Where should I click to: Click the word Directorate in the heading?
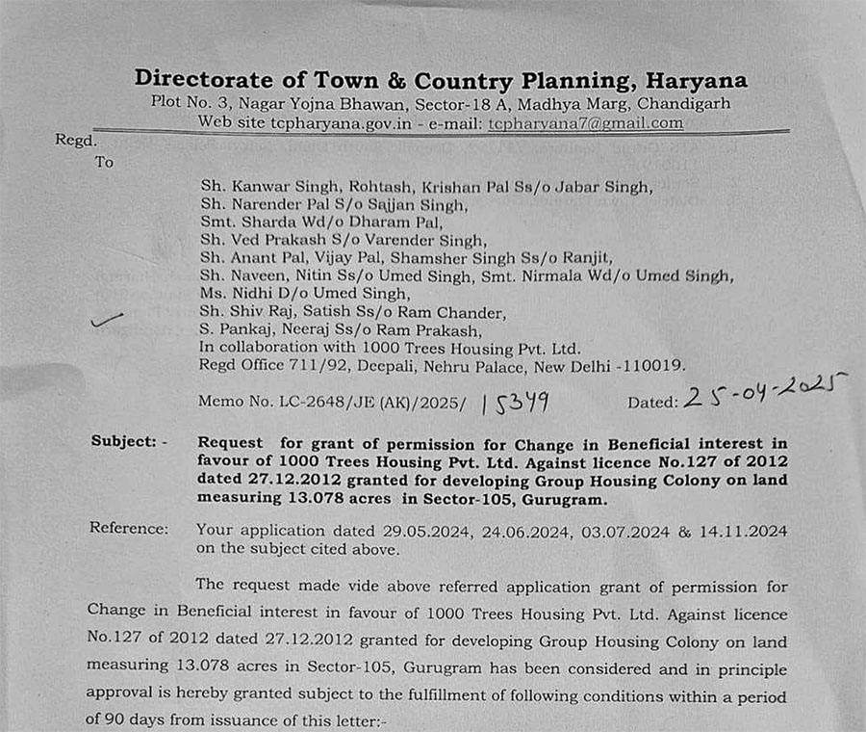pos(192,79)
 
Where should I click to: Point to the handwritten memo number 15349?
pos(515,402)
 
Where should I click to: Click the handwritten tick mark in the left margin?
pos(106,321)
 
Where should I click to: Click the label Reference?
pos(128,528)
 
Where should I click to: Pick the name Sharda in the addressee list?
pos(258,222)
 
